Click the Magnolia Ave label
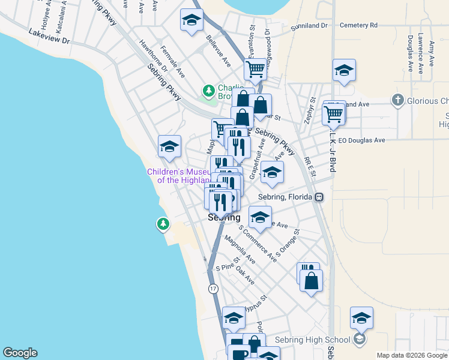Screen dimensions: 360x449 point(240,249)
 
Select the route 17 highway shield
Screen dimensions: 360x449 point(213,289)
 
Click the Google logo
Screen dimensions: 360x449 point(20,353)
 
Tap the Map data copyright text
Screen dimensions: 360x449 point(411,355)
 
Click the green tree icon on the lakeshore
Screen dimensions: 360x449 point(163,224)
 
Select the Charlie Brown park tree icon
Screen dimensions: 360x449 point(208,91)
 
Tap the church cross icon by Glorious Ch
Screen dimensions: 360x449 point(397,100)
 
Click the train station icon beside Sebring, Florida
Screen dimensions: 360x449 point(320,197)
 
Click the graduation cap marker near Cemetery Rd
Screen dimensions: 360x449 point(344,71)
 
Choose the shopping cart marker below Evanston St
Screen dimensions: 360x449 point(255,70)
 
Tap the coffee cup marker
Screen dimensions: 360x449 point(238,352)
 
